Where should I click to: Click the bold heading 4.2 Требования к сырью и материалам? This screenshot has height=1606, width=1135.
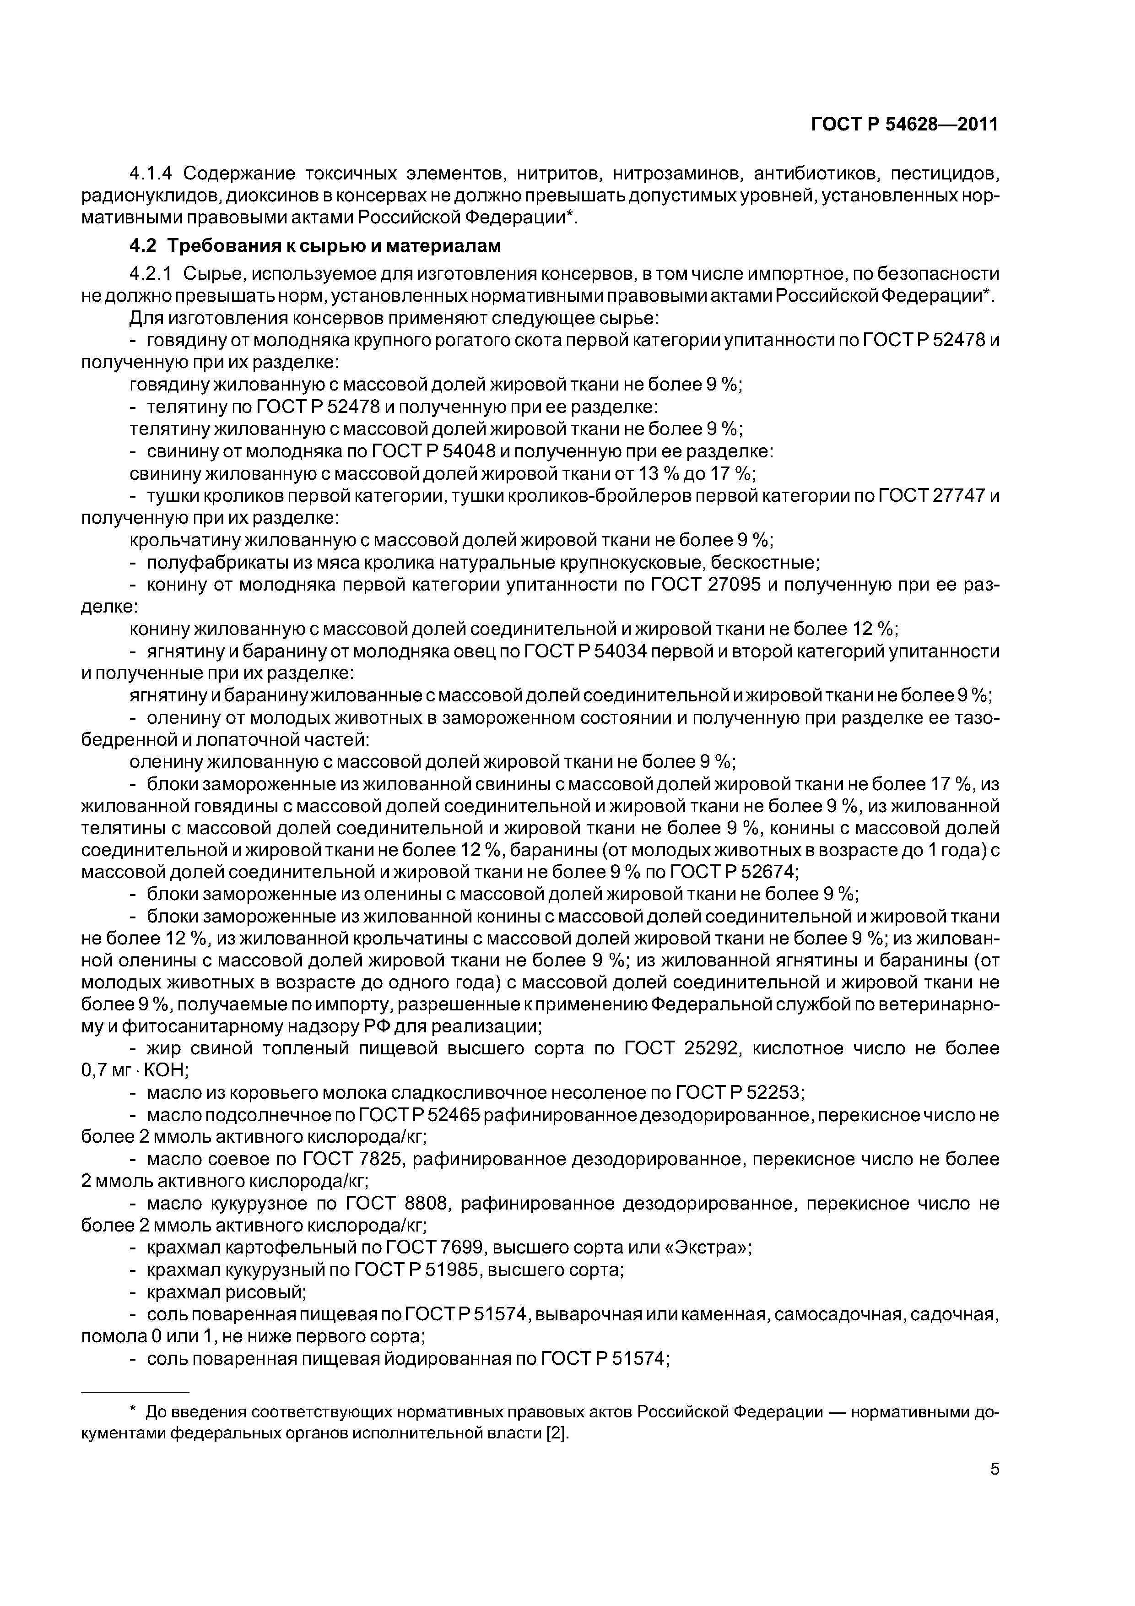point(315,246)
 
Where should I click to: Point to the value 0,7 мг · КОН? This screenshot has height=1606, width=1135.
point(131,1071)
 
